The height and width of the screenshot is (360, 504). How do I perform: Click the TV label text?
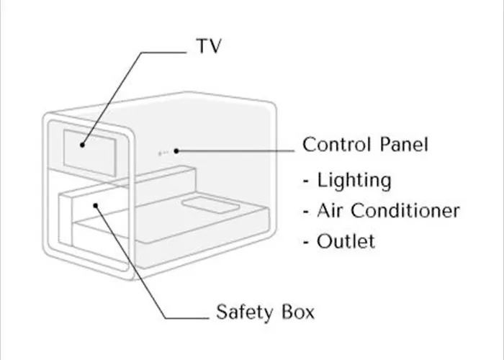(209, 45)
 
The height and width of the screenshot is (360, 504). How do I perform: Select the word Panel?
(404, 144)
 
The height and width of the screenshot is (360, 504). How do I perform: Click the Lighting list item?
(354, 181)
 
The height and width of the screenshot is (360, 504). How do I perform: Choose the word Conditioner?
(405, 210)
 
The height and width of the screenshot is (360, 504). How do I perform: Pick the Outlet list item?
(346, 241)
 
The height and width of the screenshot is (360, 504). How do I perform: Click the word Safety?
(245, 312)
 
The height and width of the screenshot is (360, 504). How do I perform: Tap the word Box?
(298, 312)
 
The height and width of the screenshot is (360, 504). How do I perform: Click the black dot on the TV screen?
(82, 145)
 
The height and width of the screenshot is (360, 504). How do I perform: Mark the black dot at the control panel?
(176, 150)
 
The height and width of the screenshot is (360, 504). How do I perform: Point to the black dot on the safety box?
(96, 205)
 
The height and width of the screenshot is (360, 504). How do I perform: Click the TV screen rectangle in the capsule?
(90, 153)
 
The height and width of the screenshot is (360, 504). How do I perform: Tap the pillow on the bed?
(210, 206)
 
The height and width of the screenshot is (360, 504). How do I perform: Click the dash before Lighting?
(306, 181)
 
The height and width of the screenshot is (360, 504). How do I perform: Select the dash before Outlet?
(306, 242)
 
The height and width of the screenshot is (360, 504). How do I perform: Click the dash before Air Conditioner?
(306, 211)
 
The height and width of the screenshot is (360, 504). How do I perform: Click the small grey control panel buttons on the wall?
(163, 153)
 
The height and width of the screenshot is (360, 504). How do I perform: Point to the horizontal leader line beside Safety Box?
(187, 318)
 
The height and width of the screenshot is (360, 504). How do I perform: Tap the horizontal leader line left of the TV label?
(164, 53)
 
